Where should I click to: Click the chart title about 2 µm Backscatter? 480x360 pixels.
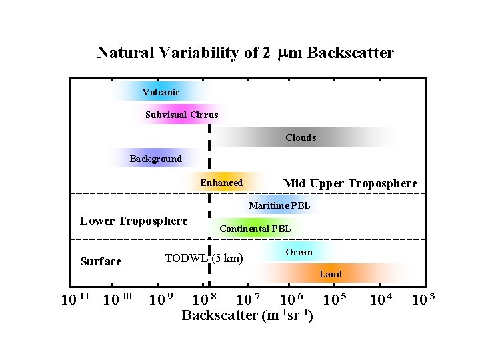coord(245,53)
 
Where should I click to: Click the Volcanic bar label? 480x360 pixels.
coord(161,92)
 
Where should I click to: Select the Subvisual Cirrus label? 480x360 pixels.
coord(181,115)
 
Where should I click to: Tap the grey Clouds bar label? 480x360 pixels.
coord(301,138)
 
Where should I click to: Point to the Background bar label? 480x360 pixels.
coord(155,159)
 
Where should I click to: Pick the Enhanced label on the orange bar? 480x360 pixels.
coord(221,183)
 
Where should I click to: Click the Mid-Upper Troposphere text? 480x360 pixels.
coord(350,183)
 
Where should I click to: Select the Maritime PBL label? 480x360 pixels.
coord(279,205)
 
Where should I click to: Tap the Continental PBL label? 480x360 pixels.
coord(255,229)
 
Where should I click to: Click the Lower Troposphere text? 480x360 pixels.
coord(133,221)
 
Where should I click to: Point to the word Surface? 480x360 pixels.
coord(101,261)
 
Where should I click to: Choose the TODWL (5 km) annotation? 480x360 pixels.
coord(204,258)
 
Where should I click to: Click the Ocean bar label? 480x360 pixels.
coord(299,253)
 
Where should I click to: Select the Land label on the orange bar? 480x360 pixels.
coord(331,274)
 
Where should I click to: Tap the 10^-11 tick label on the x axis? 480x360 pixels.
coord(75,299)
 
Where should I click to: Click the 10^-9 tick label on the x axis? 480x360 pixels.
coord(161,299)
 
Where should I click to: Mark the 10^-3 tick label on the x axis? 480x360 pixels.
coord(423,299)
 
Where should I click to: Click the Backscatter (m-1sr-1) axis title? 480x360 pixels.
coord(248,315)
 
